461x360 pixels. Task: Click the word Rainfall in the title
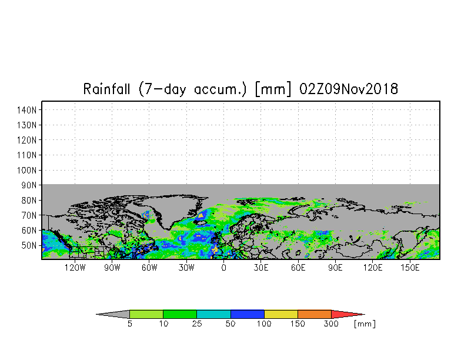(106, 89)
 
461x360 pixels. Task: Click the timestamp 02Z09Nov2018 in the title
(349, 89)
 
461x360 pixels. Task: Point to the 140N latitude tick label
(27, 111)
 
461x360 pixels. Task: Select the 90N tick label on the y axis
(29, 185)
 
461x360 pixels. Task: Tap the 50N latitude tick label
(29, 245)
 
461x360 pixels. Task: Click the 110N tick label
(27, 155)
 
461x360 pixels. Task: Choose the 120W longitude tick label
(75, 268)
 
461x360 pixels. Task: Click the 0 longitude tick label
(223, 268)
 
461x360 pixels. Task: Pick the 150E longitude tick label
(410, 268)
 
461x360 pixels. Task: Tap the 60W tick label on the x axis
(149, 268)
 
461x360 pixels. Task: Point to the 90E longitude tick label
(335, 268)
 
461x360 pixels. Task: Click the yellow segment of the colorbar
(281, 314)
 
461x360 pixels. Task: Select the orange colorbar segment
(315, 314)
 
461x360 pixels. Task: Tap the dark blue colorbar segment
(247, 314)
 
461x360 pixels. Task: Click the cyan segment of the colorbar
(213, 314)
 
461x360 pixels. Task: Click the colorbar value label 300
(331, 324)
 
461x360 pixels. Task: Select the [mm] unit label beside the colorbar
(365, 324)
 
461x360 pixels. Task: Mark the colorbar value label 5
(129, 324)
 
